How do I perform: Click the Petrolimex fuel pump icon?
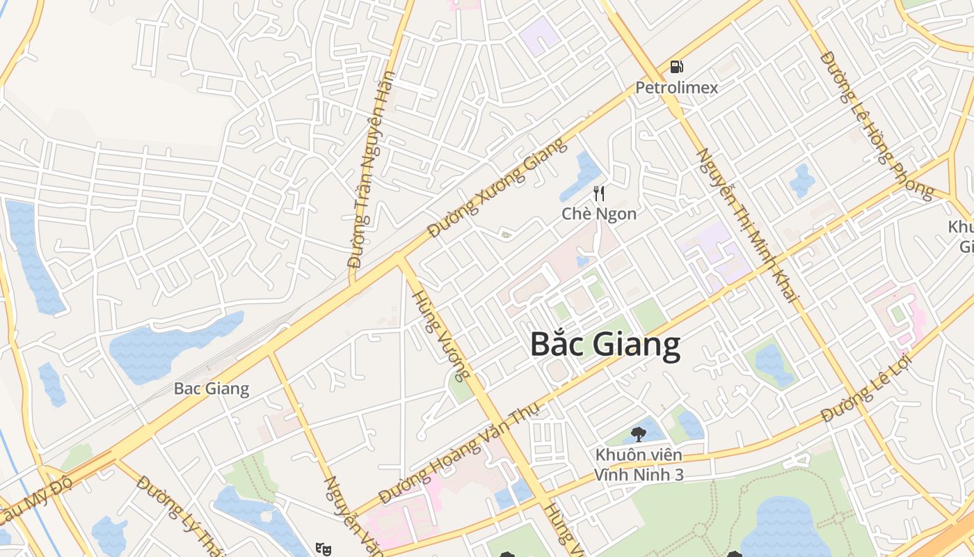click(676, 67)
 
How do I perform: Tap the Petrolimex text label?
click(676, 88)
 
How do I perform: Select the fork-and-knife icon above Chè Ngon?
click(598, 193)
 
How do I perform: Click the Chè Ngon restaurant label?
click(598, 214)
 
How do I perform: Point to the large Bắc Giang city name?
click(605, 345)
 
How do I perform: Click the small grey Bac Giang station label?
click(211, 389)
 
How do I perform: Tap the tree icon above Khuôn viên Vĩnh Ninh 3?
click(638, 435)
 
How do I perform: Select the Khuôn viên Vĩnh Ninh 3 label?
click(638, 465)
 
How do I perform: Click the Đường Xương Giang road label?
click(497, 188)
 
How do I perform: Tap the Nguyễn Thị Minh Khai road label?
click(747, 224)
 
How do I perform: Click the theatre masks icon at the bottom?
click(322, 549)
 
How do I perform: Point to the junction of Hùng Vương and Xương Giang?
click(400, 260)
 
